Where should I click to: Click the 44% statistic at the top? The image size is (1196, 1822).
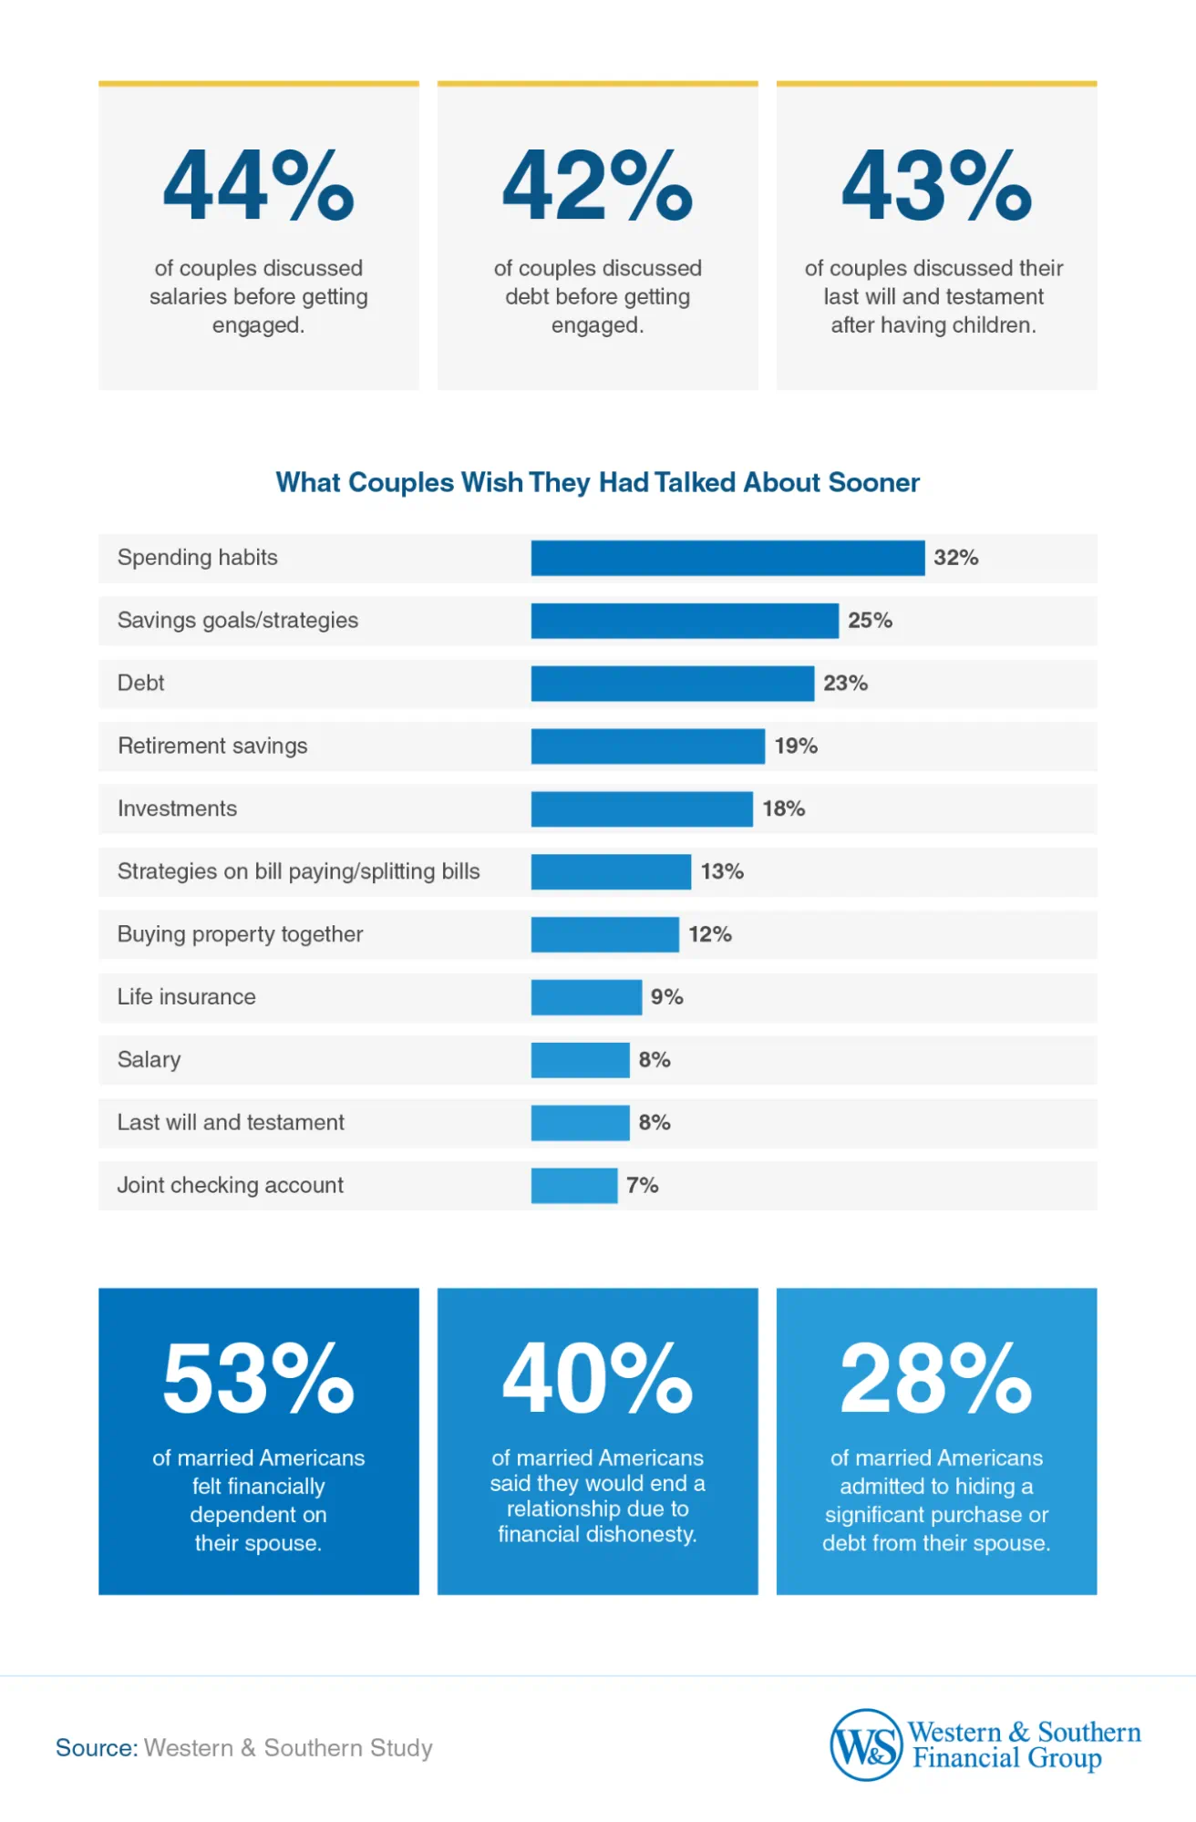click(258, 187)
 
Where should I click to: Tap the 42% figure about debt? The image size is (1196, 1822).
click(597, 187)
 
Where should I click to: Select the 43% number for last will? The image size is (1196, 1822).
click(936, 187)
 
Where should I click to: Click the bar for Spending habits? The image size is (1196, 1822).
click(727, 558)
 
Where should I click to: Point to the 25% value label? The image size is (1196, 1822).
click(870, 621)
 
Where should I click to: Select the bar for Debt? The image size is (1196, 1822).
click(672, 684)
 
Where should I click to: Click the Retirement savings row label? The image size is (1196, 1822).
click(212, 746)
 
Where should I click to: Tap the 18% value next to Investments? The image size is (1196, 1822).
click(783, 808)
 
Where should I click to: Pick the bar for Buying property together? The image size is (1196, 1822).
click(604, 934)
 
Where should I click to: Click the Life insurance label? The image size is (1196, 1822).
click(186, 997)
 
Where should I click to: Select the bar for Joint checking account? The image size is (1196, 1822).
click(573, 1185)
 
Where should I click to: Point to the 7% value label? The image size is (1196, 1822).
click(642, 1185)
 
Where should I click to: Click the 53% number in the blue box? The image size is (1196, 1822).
click(258, 1379)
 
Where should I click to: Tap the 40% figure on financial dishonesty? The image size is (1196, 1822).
click(597, 1379)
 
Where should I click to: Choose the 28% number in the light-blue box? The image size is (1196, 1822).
click(936, 1379)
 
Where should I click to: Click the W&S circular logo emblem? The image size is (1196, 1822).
click(865, 1745)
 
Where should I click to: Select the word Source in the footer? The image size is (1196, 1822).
click(96, 1748)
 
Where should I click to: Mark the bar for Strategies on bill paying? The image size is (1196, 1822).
click(611, 871)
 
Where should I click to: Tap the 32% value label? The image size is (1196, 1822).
click(955, 558)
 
